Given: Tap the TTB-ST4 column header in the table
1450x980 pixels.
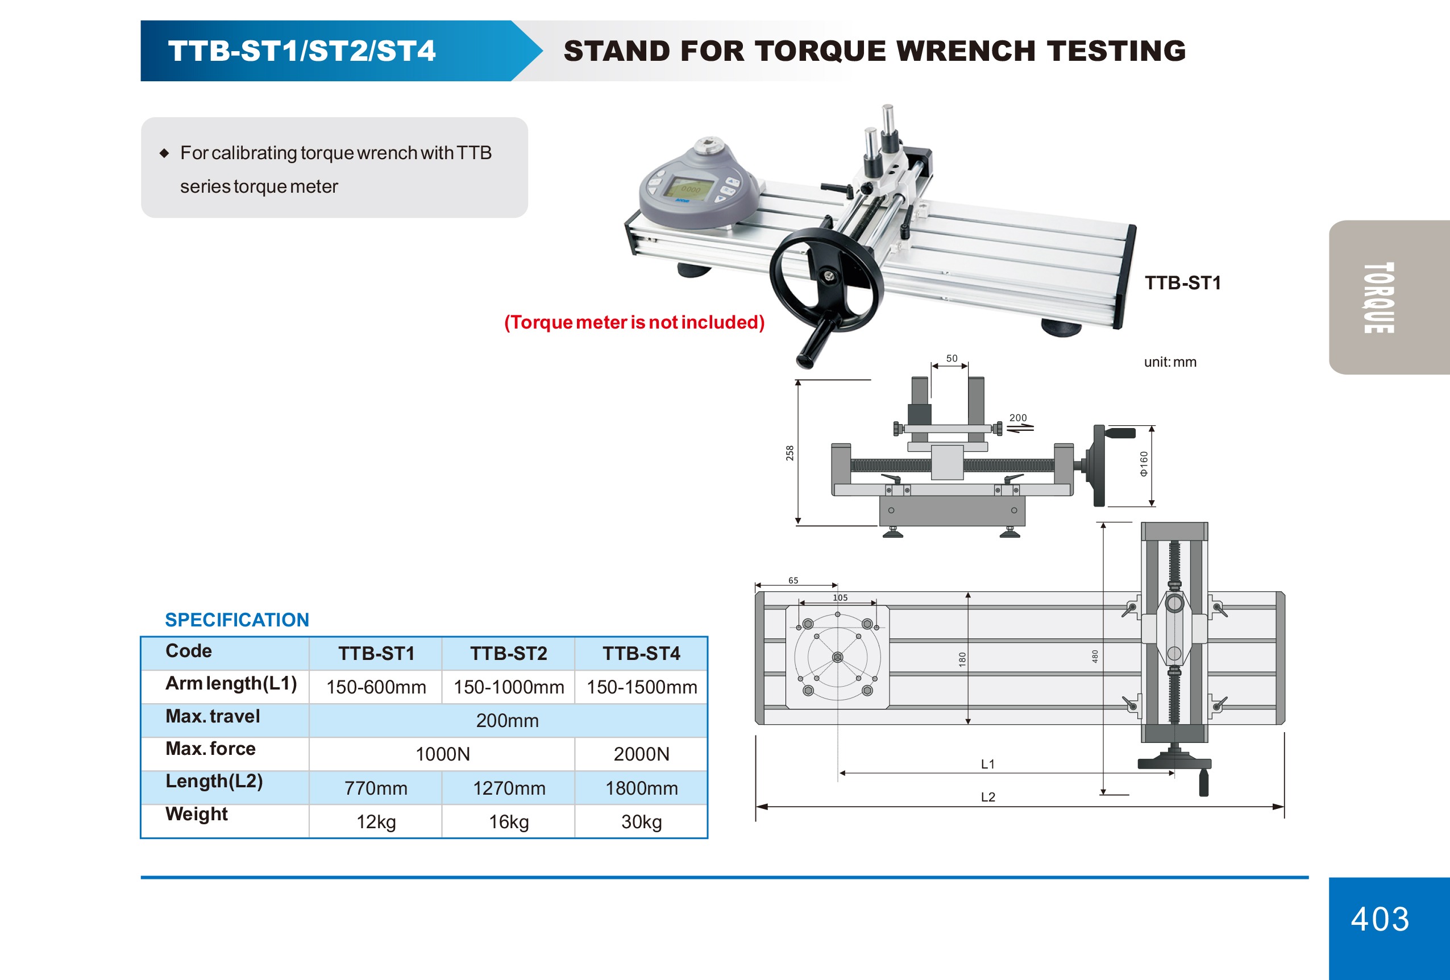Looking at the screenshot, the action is pos(641,653).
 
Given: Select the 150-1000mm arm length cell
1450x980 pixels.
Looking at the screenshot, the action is pos(509,687).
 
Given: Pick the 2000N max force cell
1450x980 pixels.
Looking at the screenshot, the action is pos(641,754).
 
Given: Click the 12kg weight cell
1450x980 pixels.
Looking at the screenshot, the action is pos(376,821).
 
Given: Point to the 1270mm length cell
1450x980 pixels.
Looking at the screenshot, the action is pos(509,788).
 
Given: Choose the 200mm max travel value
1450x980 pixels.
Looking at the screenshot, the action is pos(507,720).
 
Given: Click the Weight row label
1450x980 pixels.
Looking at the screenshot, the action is pos(197,814).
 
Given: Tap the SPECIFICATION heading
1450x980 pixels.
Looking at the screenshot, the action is pos(237,620).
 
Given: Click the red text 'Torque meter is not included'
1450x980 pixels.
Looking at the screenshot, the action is pos(634,322).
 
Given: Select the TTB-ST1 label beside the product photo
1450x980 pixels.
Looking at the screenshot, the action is pos(1182,283).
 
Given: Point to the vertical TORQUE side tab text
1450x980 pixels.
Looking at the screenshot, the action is pos(1379,297).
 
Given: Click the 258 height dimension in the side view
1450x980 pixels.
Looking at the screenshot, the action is pos(790,453).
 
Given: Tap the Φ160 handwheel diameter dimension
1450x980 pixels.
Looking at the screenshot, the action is pos(1143,463).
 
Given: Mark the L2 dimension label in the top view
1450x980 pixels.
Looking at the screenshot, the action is pos(988,796).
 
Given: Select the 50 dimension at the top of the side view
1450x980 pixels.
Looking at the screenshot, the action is pos(952,358).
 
